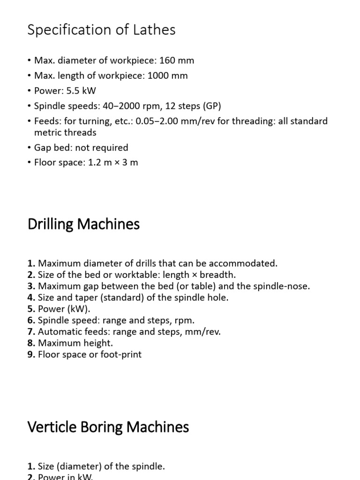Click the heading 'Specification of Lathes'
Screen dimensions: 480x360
(x=102, y=30)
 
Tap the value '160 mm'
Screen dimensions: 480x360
(x=177, y=60)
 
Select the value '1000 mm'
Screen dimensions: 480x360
(x=168, y=75)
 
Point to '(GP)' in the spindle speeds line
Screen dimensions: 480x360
(x=212, y=106)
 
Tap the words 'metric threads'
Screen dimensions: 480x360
(x=65, y=132)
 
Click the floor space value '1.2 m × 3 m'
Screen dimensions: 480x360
(x=113, y=163)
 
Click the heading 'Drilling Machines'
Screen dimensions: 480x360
(x=83, y=224)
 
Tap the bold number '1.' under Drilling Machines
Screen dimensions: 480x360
(x=31, y=263)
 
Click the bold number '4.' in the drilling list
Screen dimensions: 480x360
(x=31, y=298)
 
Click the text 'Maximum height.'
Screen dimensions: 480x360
(x=75, y=343)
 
